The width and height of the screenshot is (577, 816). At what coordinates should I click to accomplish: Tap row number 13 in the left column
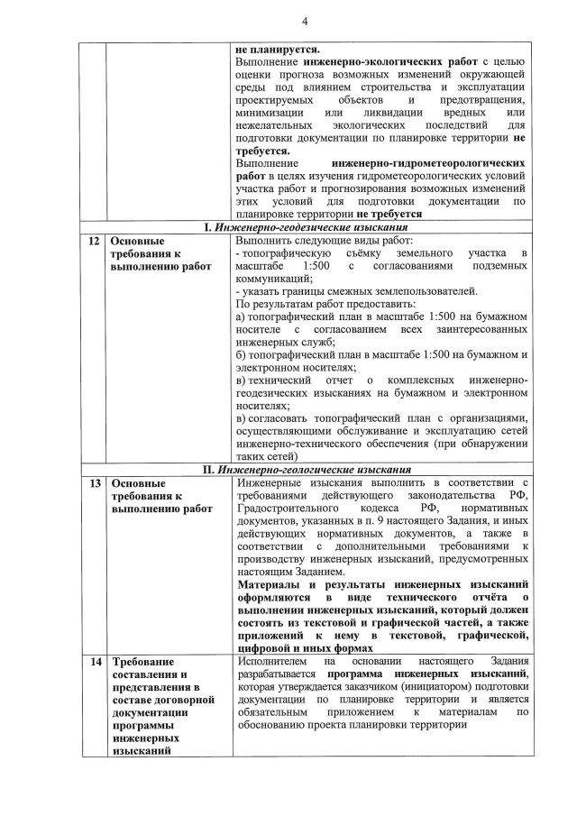point(93,483)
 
